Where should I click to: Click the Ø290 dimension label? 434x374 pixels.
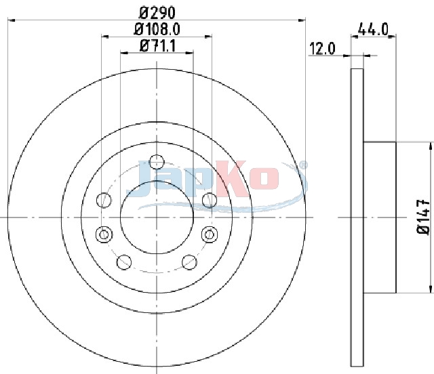pos(157,12)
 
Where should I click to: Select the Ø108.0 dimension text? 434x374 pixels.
pos(157,29)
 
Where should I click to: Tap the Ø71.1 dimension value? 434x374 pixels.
pos(157,46)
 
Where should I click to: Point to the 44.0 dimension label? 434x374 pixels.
pos(373,29)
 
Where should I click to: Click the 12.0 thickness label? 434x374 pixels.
pos(322,49)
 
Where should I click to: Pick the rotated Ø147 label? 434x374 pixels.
pos(423,217)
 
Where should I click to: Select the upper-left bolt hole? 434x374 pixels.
pos(104,200)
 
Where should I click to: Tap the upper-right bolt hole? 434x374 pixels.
pos(210,200)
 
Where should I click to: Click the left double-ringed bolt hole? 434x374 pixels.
pos(104,234)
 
